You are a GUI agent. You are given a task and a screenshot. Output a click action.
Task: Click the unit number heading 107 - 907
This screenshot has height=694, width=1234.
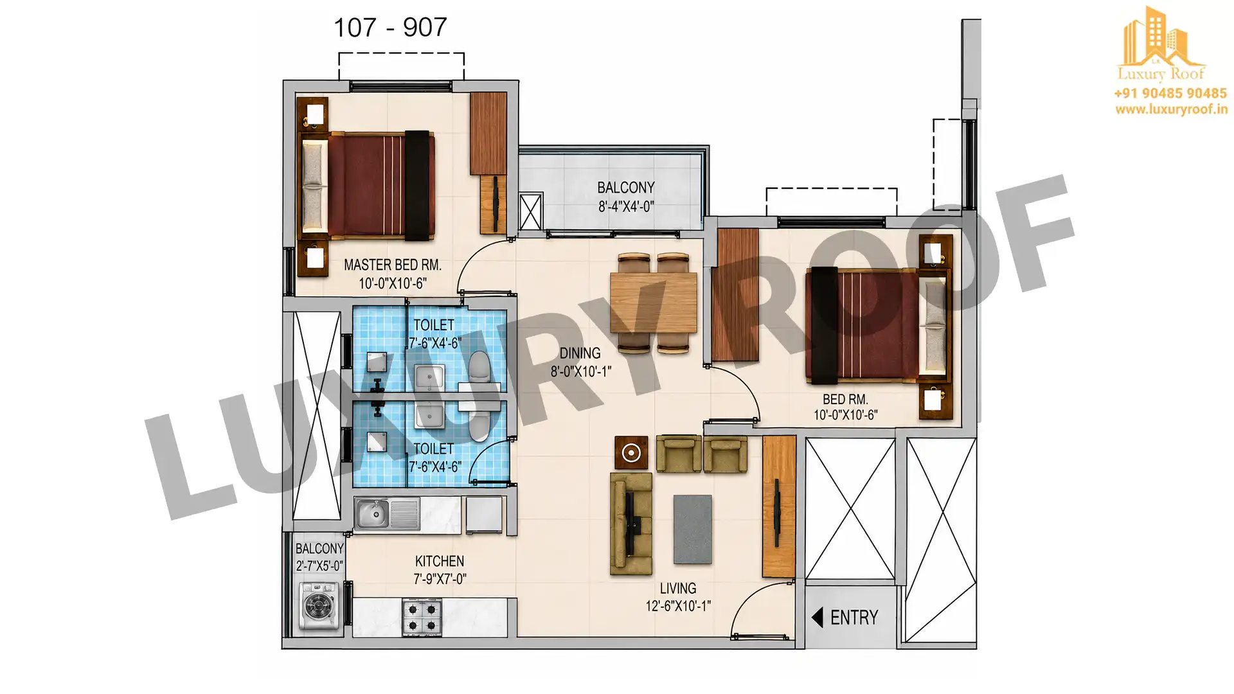390,28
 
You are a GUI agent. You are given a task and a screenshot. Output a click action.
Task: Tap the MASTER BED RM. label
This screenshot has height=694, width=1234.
393,265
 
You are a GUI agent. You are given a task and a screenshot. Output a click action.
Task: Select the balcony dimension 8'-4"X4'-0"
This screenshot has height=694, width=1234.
626,207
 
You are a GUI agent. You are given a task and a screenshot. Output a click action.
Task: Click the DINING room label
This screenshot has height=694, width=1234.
580,353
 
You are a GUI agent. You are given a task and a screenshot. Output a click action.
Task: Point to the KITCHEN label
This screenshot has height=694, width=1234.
440,561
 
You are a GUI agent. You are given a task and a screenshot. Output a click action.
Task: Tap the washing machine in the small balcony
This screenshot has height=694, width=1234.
319,605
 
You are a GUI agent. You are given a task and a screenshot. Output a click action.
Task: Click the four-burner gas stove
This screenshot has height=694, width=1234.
422,617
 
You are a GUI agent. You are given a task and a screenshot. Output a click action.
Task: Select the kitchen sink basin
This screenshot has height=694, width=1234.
372,513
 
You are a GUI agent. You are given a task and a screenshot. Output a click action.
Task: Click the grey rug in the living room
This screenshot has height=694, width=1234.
692,529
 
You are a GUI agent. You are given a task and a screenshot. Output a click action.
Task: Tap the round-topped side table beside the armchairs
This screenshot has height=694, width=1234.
631,453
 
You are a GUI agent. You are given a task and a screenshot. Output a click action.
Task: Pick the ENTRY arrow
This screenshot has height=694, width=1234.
818,618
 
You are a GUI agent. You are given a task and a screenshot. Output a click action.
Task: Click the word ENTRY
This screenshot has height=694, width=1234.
854,618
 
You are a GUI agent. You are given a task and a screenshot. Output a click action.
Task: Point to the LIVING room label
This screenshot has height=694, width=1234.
678,589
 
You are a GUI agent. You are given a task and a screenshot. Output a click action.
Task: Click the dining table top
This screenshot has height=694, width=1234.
654,303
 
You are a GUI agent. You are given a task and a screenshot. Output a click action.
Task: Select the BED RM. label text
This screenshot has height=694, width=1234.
845,400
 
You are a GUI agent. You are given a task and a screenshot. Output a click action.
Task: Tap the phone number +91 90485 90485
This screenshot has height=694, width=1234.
1170,93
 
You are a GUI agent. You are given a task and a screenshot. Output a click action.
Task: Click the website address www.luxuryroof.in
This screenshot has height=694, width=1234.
1171,109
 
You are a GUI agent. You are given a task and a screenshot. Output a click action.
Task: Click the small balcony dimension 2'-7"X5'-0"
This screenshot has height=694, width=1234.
319,566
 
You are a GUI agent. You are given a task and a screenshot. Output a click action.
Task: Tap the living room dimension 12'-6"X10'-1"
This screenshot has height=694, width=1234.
678,606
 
